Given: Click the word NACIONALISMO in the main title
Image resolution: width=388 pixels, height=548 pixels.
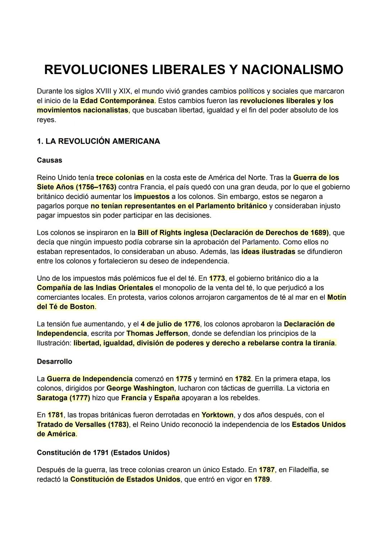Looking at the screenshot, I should click(x=292, y=69).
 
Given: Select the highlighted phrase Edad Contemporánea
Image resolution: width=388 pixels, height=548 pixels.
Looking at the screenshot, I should click(x=117, y=101).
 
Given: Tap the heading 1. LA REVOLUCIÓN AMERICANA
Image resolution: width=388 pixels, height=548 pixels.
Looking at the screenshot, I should click(x=98, y=141).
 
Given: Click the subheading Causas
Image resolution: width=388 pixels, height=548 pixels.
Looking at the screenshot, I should click(x=49, y=160).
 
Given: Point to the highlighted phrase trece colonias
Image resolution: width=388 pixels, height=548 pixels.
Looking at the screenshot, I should click(x=120, y=178).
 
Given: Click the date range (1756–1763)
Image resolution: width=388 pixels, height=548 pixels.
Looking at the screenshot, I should click(x=95, y=187).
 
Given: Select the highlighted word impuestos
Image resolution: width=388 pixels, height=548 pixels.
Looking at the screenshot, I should click(x=151, y=197).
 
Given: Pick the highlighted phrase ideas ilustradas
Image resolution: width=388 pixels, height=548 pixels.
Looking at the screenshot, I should click(x=268, y=252).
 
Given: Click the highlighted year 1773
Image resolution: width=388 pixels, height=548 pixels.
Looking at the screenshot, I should click(x=217, y=278).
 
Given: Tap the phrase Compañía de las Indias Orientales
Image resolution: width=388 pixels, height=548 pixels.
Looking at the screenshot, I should click(x=95, y=288).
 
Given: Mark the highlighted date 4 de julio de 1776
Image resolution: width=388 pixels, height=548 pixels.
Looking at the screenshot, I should click(x=170, y=324).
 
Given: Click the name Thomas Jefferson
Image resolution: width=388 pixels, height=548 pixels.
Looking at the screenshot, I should click(x=157, y=333).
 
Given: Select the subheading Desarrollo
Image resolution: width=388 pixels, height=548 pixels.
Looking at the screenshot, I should click(x=54, y=362).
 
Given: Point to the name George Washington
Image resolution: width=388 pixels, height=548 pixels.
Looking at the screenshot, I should click(x=140, y=388).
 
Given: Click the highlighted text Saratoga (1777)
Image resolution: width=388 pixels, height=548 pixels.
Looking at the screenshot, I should click(x=63, y=398).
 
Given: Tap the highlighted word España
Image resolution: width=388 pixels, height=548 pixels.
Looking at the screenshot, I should click(x=167, y=398).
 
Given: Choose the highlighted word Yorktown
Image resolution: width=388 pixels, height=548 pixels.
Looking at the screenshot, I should click(x=217, y=415).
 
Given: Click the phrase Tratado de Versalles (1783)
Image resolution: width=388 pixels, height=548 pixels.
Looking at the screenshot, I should click(x=83, y=424).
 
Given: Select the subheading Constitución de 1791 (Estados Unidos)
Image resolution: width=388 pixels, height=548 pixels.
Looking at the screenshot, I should click(x=103, y=453).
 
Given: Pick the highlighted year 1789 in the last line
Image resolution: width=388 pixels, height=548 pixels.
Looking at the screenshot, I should click(x=262, y=479).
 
